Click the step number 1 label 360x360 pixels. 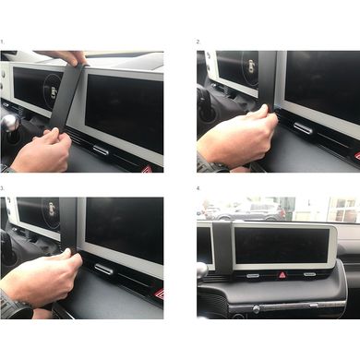(x=2, y=42)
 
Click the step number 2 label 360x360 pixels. (x=198, y=42)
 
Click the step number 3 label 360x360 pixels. (x=2, y=188)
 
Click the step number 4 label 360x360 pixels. (x=198, y=188)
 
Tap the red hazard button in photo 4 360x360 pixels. (x=282, y=275)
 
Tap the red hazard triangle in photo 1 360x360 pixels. (x=149, y=169)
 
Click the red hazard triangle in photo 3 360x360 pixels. (x=159, y=294)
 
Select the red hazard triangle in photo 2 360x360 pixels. (x=356, y=155)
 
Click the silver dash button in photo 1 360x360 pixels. (x=101, y=150)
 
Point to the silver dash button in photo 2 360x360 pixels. (x=303, y=128)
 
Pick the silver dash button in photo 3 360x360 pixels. (x=104, y=270)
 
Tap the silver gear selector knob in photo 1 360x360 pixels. (x=8, y=123)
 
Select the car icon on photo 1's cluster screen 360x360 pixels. (x=54, y=93)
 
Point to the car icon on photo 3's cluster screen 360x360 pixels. (x=53, y=210)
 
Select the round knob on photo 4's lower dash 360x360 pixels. (x=256, y=309)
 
